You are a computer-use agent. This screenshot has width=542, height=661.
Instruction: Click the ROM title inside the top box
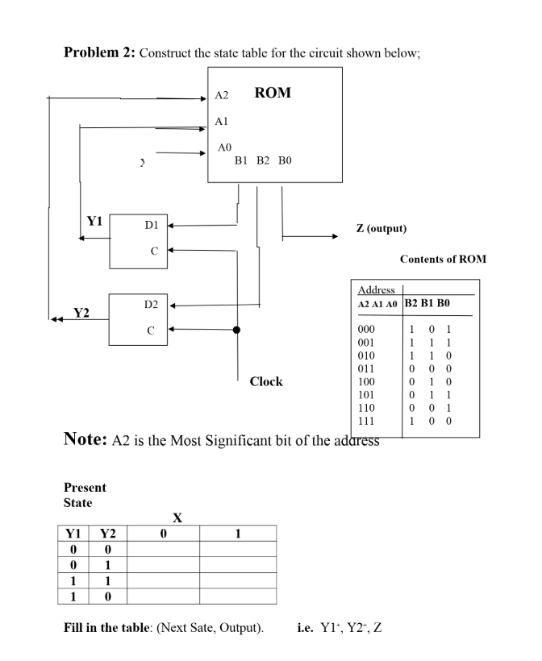point(273,93)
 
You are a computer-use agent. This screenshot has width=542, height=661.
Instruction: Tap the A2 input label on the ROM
point(222,96)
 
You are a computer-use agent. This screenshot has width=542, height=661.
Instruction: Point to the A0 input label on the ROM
point(226,148)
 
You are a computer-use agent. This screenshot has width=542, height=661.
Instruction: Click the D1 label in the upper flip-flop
point(151,227)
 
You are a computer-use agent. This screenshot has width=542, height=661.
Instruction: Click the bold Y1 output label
point(95,220)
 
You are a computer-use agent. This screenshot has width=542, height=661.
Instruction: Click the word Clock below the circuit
point(266,381)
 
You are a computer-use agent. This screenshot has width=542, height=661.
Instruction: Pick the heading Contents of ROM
point(443,260)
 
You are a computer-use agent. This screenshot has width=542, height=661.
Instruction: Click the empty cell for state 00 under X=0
point(164,548)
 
